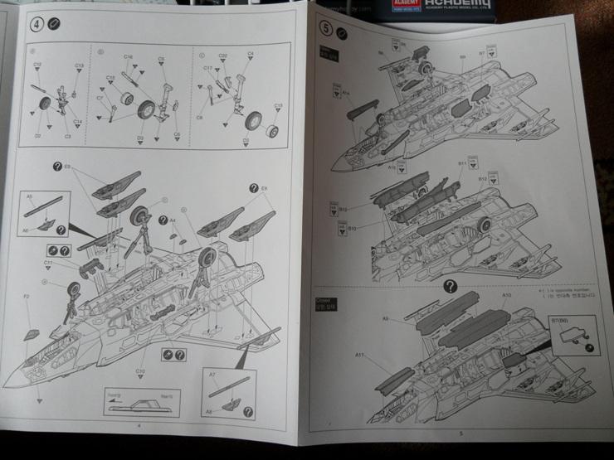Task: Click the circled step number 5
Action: [x=326, y=27]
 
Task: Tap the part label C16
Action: [x=129, y=57]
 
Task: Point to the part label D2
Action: [x=38, y=135]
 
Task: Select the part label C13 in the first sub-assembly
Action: [x=80, y=65]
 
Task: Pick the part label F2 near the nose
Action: [x=27, y=296]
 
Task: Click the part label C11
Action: [x=49, y=263]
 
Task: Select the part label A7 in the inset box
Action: [x=213, y=375]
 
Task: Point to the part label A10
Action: [x=507, y=296]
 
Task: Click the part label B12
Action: [x=483, y=179]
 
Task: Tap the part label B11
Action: [x=462, y=163]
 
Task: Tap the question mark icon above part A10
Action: [x=450, y=287]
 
